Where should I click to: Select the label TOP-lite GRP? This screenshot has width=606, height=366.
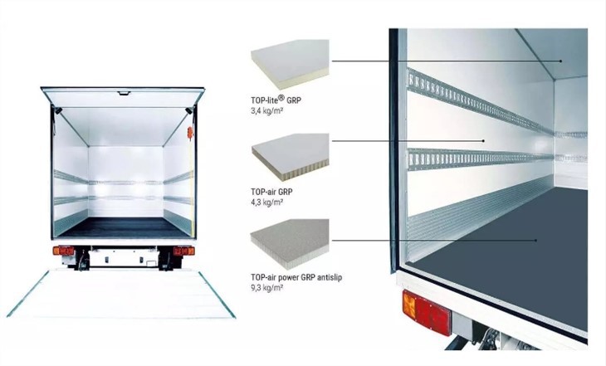[276, 100]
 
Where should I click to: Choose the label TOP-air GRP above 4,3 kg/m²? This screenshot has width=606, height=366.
[271, 192]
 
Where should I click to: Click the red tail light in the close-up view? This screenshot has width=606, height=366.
[426, 313]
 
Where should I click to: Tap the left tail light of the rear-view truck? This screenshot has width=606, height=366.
[63, 251]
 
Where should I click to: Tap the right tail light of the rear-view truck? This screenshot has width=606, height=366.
[184, 251]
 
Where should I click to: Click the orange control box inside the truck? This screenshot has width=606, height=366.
[190, 133]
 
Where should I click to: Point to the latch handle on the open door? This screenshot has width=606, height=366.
[124, 93]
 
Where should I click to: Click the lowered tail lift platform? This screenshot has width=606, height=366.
[121, 295]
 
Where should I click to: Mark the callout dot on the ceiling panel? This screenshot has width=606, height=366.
[560, 61]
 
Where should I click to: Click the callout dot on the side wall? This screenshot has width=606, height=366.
[483, 141]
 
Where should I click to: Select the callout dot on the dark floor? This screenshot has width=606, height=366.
[535, 241]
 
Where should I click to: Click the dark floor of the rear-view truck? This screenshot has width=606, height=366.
[122, 227]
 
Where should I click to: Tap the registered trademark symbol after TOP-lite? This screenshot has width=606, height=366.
[281, 97]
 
